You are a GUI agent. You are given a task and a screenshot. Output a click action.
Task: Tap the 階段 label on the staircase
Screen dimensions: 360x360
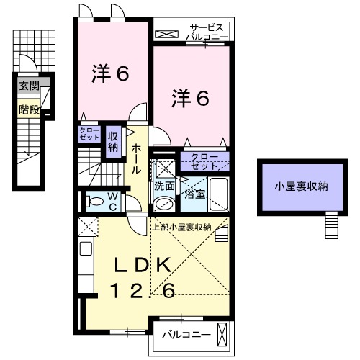click(28, 111)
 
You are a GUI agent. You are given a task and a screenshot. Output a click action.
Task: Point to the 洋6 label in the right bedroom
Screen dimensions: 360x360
click(190, 98)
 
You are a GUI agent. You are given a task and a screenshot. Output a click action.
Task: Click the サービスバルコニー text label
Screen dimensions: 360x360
click(206, 31)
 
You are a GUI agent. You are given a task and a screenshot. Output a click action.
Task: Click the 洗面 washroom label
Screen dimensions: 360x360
click(163, 185)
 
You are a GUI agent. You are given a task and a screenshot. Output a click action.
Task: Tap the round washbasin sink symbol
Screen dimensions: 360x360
click(163, 204)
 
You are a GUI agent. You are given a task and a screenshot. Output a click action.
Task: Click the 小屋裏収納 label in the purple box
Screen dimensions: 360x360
click(300, 186)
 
